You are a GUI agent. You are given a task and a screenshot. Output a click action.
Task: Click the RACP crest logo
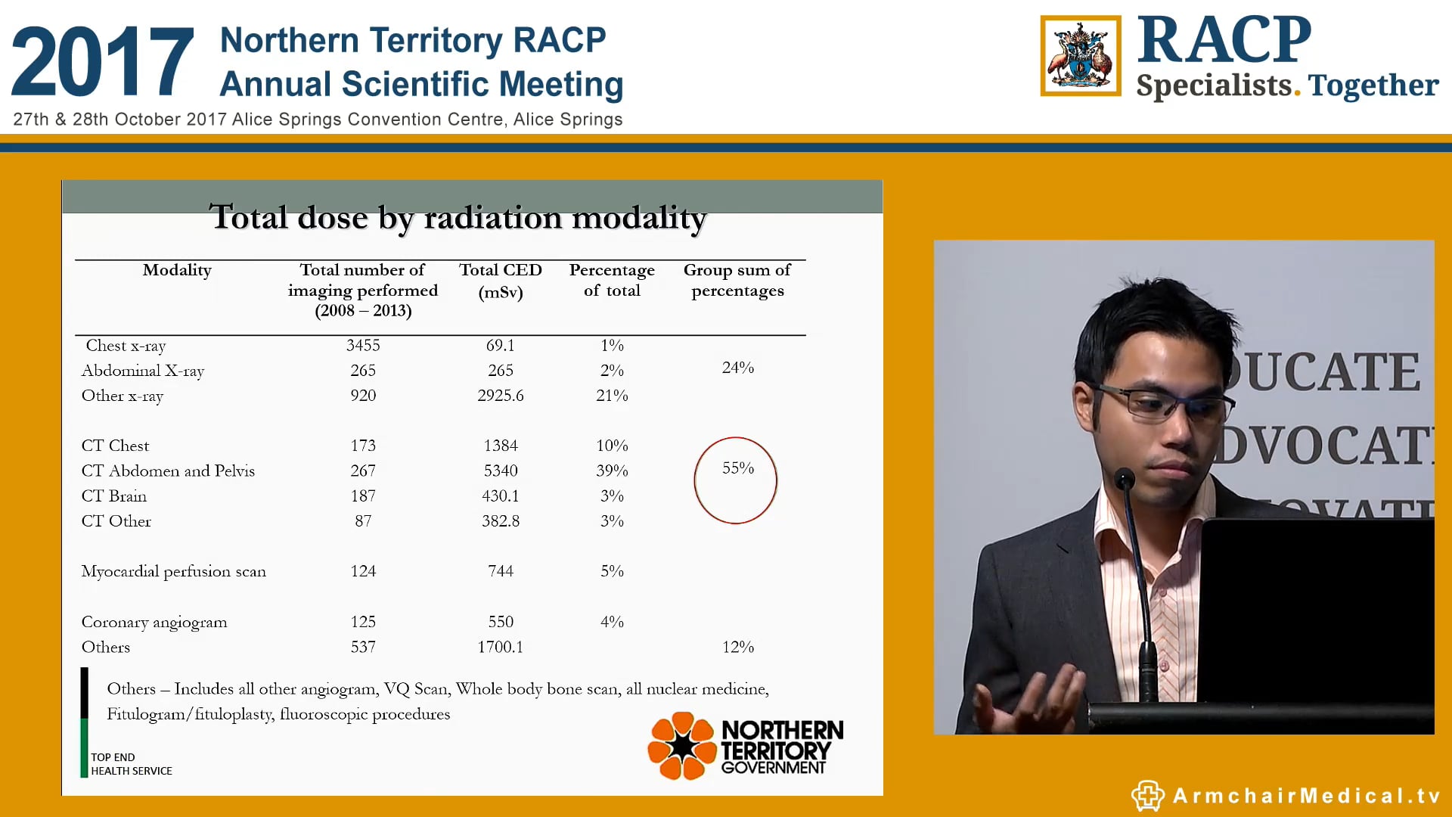tap(1080, 57)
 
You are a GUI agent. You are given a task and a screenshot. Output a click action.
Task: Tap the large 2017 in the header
tap(103, 62)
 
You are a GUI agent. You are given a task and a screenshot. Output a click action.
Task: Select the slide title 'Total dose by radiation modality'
tap(458, 218)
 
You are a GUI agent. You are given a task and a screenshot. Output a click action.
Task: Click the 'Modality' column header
tap(177, 270)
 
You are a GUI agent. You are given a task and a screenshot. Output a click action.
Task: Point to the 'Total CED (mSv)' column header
tap(500, 280)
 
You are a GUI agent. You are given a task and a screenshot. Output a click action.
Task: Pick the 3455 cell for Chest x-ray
tap(363, 346)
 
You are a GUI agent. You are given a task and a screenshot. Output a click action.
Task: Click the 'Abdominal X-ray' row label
tap(143, 371)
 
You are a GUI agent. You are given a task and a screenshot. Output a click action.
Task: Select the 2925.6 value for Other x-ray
tap(500, 396)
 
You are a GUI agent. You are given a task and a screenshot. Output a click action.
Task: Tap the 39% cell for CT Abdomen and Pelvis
tap(612, 471)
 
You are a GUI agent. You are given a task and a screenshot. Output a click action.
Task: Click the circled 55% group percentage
tap(737, 469)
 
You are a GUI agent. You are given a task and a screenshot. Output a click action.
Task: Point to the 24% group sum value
tap(737, 368)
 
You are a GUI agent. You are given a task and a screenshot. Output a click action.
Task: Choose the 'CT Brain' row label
tap(114, 496)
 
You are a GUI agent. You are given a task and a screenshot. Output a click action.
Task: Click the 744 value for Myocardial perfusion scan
tap(500, 571)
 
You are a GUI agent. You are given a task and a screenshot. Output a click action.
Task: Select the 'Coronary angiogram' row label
tap(154, 622)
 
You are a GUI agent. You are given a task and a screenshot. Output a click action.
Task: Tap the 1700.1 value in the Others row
tap(500, 647)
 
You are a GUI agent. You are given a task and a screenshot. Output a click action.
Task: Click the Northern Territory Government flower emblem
tap(682, 746)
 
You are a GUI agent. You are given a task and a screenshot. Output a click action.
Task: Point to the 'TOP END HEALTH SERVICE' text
tap(132, 764)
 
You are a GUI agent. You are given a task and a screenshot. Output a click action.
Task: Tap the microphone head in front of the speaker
tap(1125, 478)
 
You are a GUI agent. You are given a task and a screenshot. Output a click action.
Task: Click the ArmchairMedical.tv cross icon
tap(1147, 795)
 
